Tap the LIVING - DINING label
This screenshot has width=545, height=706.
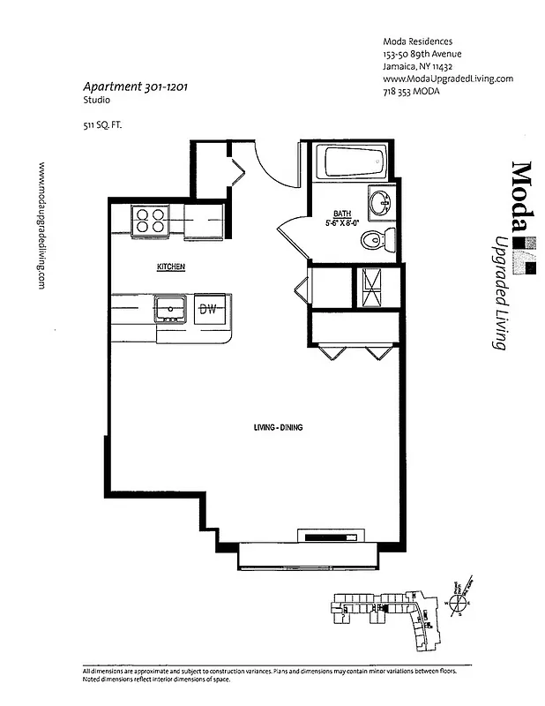[278, 427]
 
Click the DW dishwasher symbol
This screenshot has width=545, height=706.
[208, 309]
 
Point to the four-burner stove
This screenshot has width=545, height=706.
[149, 219]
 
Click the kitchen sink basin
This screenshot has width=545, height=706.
[168, 309]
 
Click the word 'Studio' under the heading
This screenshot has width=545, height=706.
[95, 101]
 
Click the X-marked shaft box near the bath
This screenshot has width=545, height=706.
[377, 286]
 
